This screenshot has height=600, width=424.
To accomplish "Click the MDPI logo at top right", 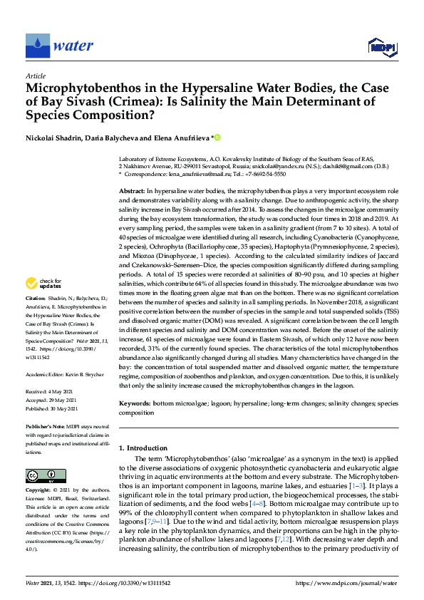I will click(x=381, y=48).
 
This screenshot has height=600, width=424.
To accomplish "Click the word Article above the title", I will click(x=35, y=76).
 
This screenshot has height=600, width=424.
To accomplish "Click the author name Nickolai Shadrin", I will click(x=53, y=137).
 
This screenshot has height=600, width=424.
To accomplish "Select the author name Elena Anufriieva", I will click(x=184, y=137).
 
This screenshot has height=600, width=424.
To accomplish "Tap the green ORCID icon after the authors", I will click(x=218, y=137).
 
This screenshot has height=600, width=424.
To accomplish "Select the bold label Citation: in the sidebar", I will click(x=36, y=317).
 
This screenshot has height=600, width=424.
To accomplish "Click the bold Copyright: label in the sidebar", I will click(x=39, y=491).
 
